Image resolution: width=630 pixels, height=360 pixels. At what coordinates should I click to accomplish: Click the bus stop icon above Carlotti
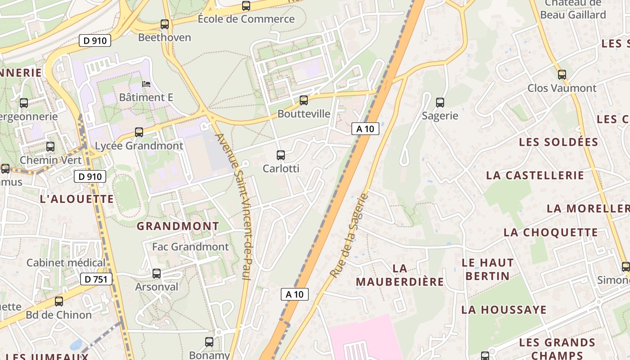[x=281, y=155]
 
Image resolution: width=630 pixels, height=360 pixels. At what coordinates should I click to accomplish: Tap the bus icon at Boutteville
[x=304, y=100]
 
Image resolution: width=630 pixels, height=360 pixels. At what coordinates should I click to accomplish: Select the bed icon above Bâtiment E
[x=146, y=84]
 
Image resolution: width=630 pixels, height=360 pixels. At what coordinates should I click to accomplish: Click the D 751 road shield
[x=96, y=279]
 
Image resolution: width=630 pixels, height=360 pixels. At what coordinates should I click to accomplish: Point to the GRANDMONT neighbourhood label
[x=178, y=226]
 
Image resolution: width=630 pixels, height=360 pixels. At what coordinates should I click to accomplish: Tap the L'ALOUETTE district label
[x=77, y=199]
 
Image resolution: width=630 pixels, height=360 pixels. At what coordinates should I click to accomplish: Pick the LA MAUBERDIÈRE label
[x=400, y=275]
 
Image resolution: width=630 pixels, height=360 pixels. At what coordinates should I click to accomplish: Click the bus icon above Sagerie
[x=440, y=103]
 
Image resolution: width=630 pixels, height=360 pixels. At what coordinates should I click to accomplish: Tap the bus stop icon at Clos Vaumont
[x=562, y=75]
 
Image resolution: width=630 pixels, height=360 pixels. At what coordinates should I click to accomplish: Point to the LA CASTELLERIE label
[x=535, y=175]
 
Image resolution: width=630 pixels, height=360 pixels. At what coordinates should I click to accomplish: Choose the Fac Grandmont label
[x=190, y=247]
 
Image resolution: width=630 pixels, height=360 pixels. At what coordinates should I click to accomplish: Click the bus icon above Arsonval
[x=157, y=274]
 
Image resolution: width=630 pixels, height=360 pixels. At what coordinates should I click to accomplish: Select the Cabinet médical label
[x=66, y=262]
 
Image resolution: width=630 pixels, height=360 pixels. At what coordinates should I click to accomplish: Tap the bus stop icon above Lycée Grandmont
[x=139, y=132]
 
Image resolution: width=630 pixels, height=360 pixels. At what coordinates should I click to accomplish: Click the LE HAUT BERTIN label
[x=487, y=269]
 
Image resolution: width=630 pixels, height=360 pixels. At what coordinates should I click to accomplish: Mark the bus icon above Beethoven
[x=165, y=24]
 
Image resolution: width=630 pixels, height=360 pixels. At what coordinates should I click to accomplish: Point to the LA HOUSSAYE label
[x=504, y=310]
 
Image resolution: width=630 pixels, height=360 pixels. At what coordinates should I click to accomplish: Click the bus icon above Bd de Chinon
[x=59, y=301]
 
